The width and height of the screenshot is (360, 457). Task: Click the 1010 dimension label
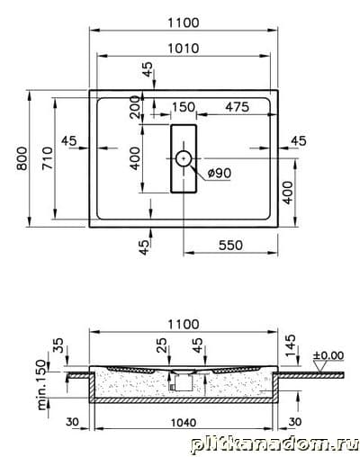183,49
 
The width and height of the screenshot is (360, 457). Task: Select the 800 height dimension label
22,158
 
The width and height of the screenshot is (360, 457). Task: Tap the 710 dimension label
48,158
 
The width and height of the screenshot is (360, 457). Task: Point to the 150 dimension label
184,107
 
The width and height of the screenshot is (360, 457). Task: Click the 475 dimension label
237,107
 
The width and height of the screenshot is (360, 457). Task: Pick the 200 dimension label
136,107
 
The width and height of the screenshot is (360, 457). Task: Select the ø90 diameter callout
220,173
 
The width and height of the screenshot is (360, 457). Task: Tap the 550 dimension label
230,246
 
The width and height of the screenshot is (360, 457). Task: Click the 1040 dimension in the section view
184,423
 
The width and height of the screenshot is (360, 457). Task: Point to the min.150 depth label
42,385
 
